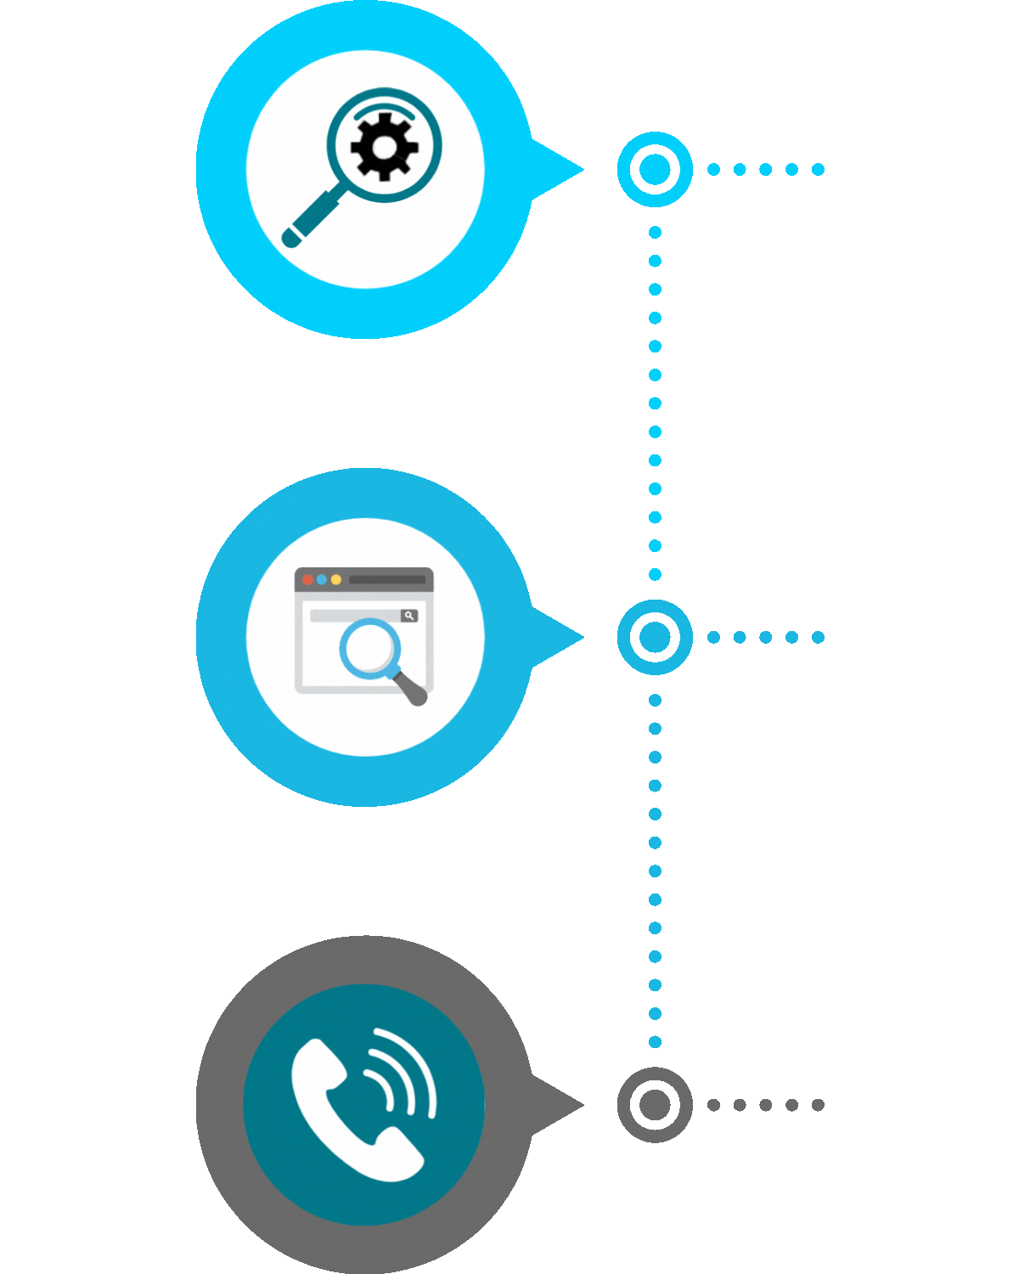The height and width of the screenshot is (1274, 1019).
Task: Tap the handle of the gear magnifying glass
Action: (x=311, y=219)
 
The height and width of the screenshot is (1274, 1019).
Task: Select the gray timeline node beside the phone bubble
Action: (x=654, y=1104)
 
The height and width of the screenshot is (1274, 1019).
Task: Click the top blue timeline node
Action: (x=654, y=169)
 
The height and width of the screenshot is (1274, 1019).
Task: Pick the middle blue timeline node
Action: (x=654, y=637)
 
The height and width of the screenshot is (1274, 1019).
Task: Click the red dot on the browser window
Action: (x=307, y=579)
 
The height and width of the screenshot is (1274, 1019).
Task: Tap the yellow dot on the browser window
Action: (x=336, y=579)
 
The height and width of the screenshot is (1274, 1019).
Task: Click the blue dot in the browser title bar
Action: (x=322, y=579)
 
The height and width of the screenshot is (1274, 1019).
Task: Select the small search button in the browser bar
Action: (x=409, y=615)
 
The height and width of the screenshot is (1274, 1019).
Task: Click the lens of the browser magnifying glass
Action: (x=370, y=648)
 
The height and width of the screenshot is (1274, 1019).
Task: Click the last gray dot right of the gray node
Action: (x=818, y=1105)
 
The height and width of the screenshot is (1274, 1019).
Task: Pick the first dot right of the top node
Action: (x=713, y=170)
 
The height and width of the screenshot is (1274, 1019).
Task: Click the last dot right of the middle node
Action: (x=818, y=637)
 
